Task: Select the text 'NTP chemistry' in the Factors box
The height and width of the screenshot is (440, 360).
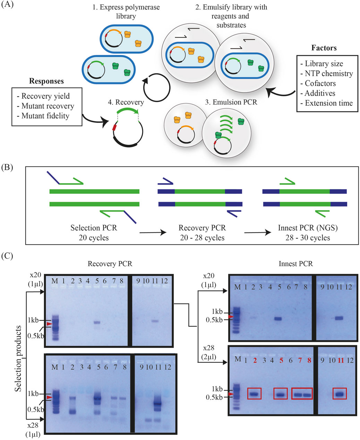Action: point(329,73)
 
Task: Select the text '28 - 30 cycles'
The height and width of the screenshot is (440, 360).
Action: point(304,238)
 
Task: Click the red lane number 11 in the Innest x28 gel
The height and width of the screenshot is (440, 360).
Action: point(341,360)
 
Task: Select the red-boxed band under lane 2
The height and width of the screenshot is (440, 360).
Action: point(254,394)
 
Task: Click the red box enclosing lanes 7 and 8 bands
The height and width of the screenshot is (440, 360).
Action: point(302,394)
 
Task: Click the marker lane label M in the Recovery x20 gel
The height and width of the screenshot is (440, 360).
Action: point(54,281)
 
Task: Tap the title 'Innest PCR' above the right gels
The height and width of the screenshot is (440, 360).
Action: point(295,264)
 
